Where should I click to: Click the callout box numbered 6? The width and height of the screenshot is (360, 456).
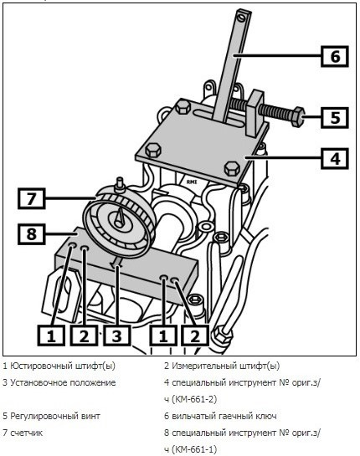click(x=335, y=56)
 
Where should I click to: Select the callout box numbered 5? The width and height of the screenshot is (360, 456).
click(x=335, y=117)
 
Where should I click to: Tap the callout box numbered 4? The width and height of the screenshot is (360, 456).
click(x=335, y=158)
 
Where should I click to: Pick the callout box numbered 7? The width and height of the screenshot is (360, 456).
click(x=32, y=198)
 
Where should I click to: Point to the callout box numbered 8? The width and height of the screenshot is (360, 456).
click(x=32, y=233)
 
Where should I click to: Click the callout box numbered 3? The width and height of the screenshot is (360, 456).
click(x=116, y=336)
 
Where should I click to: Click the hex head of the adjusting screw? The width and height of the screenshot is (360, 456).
click(x=298, y=117)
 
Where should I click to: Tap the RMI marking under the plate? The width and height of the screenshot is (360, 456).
click(x=192, y=182)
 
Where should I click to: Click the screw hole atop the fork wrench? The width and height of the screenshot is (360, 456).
click(x=241, y=18)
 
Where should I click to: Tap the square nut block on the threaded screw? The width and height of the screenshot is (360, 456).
click(x=256, y=114)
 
